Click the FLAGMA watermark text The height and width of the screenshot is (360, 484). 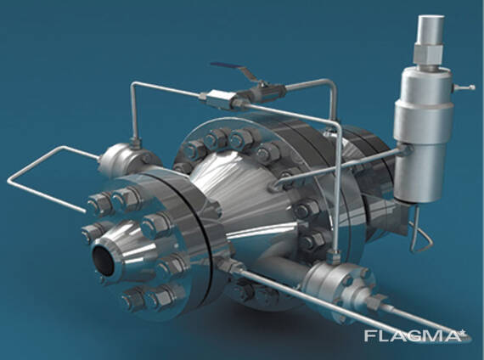point(415,336)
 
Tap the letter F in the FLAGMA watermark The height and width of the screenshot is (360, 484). point(370,336)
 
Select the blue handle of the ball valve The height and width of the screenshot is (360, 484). point(228,67)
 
